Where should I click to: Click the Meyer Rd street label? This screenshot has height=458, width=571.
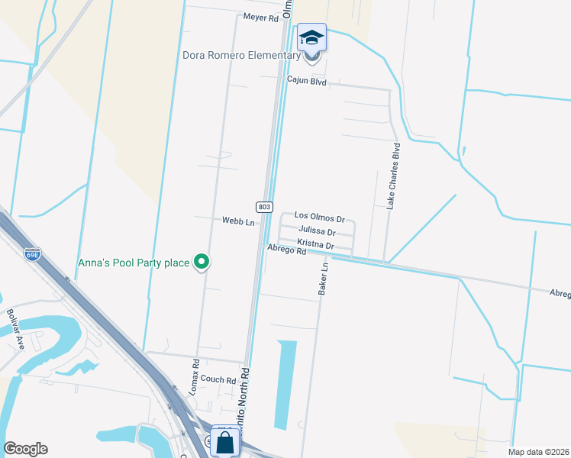point(261,17)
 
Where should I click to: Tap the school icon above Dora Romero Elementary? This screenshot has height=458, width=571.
point(311,37)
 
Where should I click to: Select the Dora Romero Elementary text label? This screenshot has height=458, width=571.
point(242,55)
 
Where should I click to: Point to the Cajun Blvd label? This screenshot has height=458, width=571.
point(306,79)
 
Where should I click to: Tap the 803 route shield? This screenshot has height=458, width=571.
point(263,206)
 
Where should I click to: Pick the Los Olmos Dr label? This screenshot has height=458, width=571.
point(320,217)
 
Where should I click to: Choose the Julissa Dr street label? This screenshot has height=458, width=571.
point(317,231)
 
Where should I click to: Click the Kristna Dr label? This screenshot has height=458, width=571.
point(315,245)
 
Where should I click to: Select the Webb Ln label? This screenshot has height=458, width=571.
point(237,221)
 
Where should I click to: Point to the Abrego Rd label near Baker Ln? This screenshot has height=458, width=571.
point(286,250)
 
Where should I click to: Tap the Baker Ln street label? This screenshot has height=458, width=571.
point(324,279)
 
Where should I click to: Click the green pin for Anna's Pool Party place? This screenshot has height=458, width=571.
point(202,263)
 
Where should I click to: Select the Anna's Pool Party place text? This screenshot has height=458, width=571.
point(134,263)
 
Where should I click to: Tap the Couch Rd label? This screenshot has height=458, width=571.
point(219,379)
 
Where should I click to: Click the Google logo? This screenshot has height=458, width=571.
point(25,449)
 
